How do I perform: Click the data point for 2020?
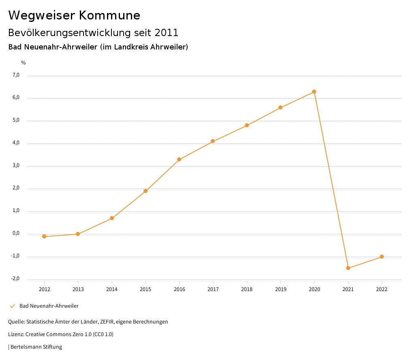314,92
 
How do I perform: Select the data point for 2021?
348,268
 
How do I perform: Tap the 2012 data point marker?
44,236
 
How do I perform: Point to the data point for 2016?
179,159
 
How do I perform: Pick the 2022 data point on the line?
382,257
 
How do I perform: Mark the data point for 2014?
112,218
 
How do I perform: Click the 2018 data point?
247,125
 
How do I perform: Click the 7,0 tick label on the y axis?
16,75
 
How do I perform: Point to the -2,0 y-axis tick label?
15,279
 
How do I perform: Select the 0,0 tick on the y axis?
16,234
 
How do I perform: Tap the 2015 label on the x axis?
145,289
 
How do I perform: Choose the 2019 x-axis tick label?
280,289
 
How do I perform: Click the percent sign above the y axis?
24,63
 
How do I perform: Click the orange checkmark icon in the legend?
12,306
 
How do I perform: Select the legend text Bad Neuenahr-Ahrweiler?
49,306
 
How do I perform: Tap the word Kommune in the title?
109,15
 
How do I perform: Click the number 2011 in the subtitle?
167,32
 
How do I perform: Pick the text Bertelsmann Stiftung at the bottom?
36,347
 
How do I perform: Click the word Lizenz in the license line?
15,334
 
